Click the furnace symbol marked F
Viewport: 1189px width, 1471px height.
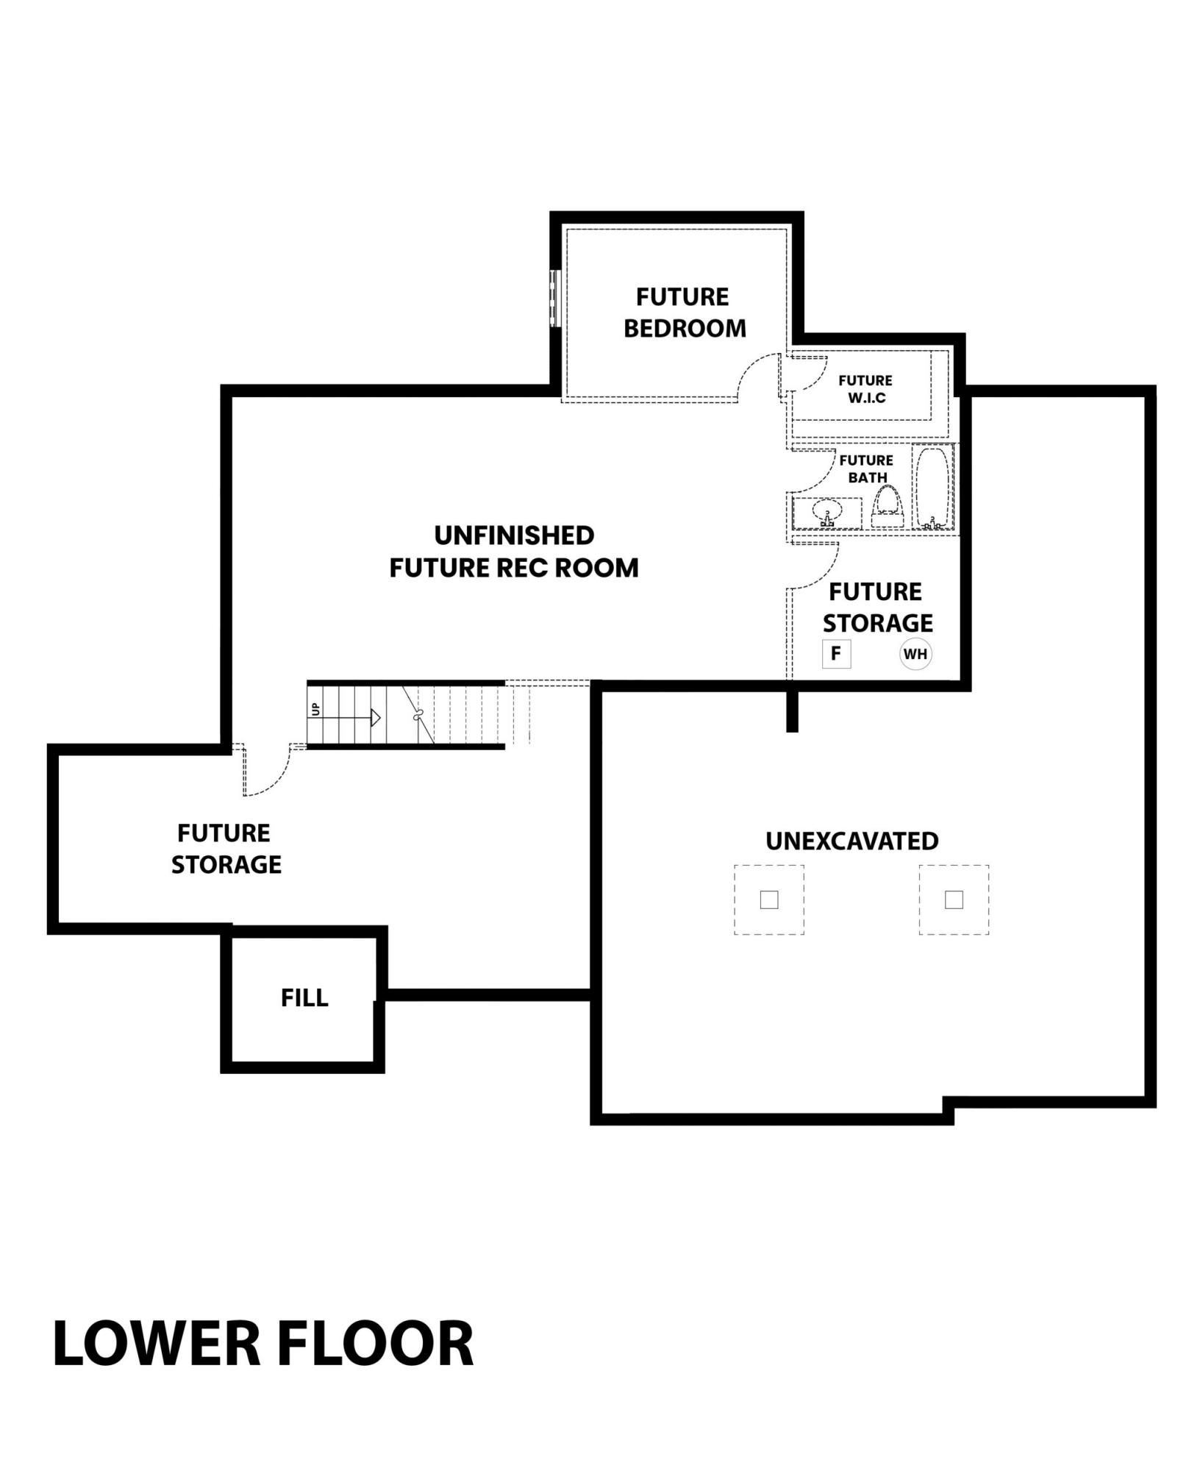tap(836, 654)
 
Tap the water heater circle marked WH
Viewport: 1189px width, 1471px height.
tap(915, 654)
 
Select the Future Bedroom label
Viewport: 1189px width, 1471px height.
tap(685, 313)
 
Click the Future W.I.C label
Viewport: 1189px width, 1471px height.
tap(865, 389)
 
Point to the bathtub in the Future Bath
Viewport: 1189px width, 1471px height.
tap(932, 487)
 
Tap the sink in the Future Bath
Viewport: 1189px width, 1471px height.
tap(827, 512)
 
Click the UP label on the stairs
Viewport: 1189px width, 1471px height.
tap(315, 709)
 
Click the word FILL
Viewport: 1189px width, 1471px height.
tap(304, 998)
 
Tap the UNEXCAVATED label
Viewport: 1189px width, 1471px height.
tap(852, 841)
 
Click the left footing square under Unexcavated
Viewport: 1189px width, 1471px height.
tap(769, 900)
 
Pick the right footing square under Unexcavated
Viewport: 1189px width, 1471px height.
tap(954, 900)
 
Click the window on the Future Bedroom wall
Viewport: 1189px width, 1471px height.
tap(556, 299)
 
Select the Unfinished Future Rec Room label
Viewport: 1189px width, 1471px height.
tap(514, 552)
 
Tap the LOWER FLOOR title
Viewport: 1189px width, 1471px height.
tap(263, 1344)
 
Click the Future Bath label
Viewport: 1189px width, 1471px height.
tap(867, 469)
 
